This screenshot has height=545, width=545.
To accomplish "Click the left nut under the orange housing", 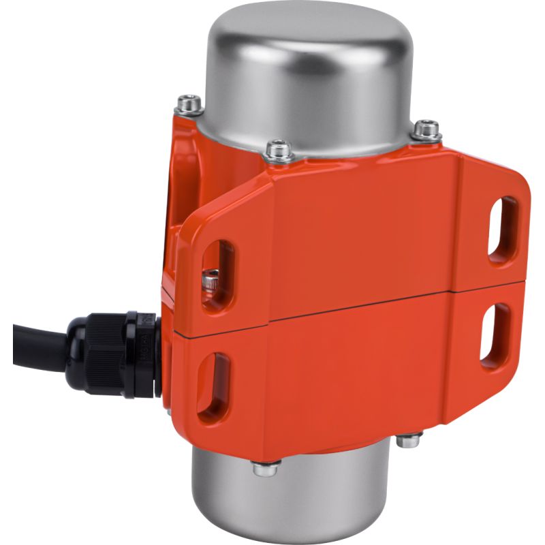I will [265, 468].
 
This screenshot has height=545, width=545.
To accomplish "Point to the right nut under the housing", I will [408, 441].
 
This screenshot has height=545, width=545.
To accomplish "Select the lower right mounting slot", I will [495, 332].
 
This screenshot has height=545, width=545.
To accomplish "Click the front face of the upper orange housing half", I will [354, 232].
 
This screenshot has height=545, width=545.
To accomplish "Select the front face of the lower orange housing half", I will [341, 381].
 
